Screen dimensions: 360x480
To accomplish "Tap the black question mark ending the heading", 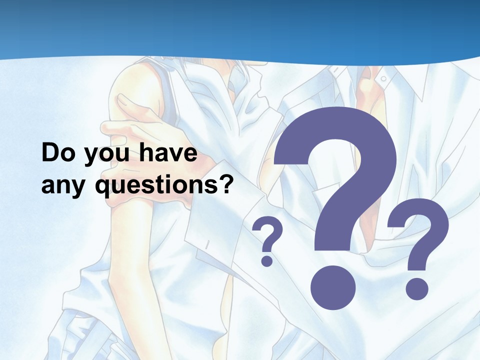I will pos(226,184).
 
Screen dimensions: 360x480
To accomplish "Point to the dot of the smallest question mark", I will pos(267,260).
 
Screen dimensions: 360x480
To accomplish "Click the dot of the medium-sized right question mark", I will pos(416,288).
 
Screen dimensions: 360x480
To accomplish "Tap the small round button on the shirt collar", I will pos(383,78).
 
